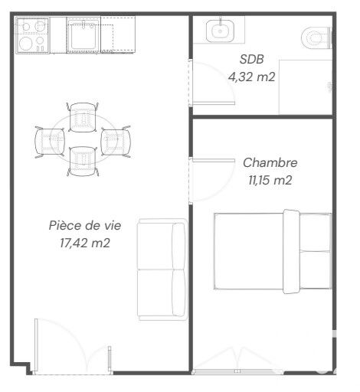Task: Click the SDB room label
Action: pyautogui.click(x=251, y=59)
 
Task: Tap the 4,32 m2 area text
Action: pyautogui.click(x=251, y=77)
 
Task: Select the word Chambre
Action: pyautogui.click(x=270, y=162)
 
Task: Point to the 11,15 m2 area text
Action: pyautogui.click(x=270, y=180)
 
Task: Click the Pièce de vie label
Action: pyautogui.click(x=85, y=225)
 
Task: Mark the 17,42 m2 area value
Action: pyautogui.click(x=85, y=243)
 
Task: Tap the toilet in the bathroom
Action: pyautogui.click(x=316, y=38)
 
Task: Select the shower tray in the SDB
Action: pyautogui.click(x=306, y=87)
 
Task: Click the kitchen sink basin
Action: pyautogui.click(x=83, y=35)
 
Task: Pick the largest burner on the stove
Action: pyautogui.click(x=25, y=44)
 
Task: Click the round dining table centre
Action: pyautogui.click(x=83, y=139)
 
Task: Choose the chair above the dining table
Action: pyautogui.click(x=83, y=117)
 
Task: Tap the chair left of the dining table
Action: pyautogui.click(x=50, y=142)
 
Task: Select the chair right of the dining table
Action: pyautogui.click(x=116, y=142)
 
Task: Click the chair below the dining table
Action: pyautogui.click(x=83, y=162)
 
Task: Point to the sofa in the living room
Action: pyautogui.click(x=162, y=269)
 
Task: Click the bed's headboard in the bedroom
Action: pyautogui.click(x=291, y=251)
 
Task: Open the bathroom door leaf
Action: pyautogui.click(x=214, y=103)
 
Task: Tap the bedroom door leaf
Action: pyautogui.click(x=214, y=160)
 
